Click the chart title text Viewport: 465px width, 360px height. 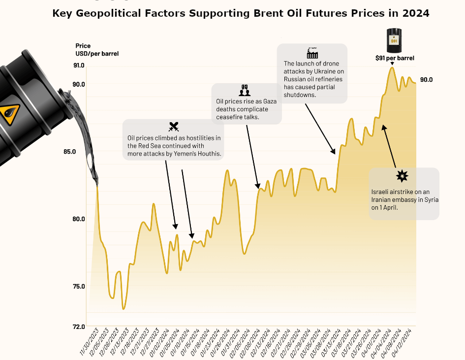click(241, 13)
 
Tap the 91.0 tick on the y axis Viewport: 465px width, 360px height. click(79, 65)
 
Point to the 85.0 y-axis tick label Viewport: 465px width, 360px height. click(70, 152)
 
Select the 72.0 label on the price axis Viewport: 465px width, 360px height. click(79, 327)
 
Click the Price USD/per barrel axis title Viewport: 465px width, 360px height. click(97, 50)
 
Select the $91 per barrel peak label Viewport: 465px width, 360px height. click(395, 58)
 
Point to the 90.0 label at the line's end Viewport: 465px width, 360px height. click(426, 80)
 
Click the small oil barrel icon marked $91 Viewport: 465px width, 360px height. click(394, 41)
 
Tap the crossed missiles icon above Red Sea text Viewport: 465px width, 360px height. click(173, 127)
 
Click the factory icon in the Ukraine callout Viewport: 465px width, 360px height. click(312, 52)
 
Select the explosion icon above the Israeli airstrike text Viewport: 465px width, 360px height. click(403, 176)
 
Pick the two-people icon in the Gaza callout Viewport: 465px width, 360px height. click(245, 91)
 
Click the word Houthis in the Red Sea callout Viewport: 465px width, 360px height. click(208, 154)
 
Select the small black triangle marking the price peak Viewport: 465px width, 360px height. click(392, 64)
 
